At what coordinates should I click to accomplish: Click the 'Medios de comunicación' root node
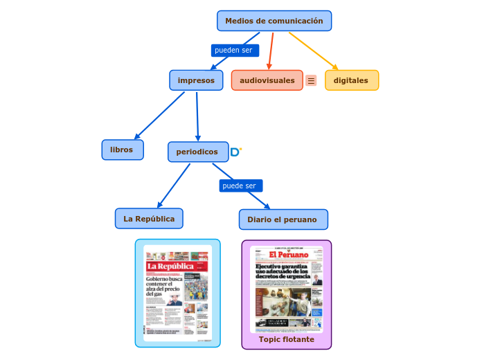tap(274, 21)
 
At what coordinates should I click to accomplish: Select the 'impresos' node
tap(196, 80)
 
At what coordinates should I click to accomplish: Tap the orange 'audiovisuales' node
tap(267, 80)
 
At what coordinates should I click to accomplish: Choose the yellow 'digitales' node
tap(351, 80)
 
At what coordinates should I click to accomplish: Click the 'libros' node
tap(122, 150)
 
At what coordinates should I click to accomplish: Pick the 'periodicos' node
tap(197, 152)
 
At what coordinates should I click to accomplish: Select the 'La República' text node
tap(149, 219)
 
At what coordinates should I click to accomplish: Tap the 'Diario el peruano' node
tap(283, 219)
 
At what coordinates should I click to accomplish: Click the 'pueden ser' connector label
tap(234, 51)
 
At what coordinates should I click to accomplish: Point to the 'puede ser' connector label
tap(240, 186)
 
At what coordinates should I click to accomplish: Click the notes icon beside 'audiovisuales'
tap(312, 80)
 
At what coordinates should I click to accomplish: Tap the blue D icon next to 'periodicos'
tap(235, 152)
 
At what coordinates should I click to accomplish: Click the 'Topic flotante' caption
tap(287, 339)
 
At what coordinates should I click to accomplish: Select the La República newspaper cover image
tap(178, 294)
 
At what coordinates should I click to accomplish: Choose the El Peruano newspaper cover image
tap(287, 289)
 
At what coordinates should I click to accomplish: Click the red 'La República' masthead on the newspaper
tap(170, 266)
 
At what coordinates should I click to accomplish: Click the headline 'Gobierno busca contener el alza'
tap(163, 285)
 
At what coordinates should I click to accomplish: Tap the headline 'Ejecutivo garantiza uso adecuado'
tap(281, 271)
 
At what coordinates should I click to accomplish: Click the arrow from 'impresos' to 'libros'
tap(159, 116)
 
